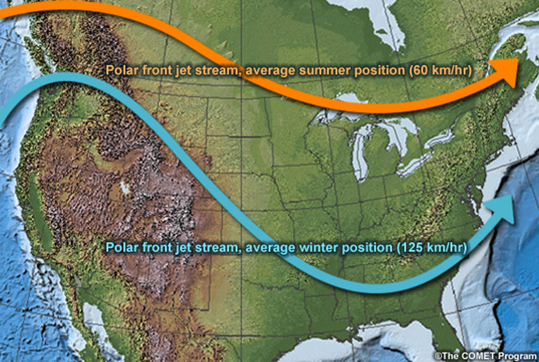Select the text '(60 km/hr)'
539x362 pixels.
[443, 70]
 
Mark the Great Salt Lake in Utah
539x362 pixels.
[125, 188]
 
